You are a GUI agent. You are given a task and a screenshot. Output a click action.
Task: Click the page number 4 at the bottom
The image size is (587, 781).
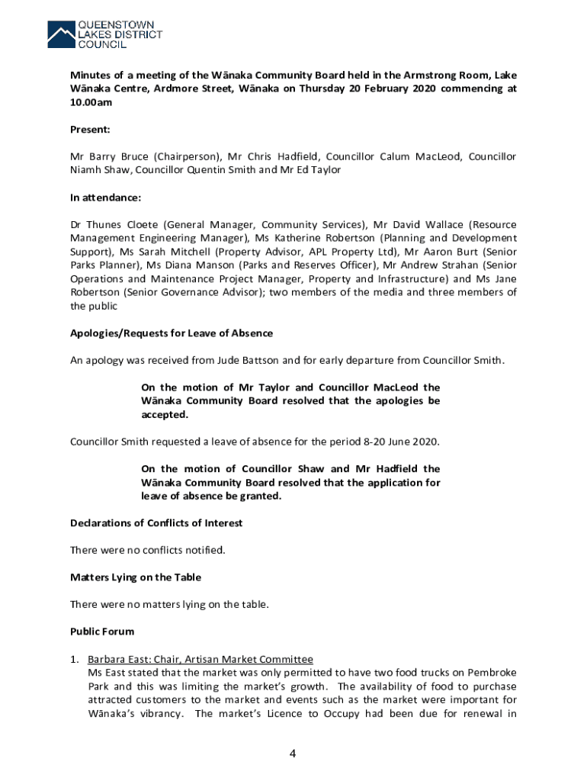pos(292,754)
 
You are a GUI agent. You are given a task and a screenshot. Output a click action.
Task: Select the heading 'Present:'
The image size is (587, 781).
pos(91,130)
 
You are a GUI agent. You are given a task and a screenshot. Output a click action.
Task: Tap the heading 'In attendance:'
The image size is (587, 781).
pos(105,198)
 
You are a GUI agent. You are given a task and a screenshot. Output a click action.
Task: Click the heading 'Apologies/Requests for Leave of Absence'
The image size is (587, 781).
pos(172,333)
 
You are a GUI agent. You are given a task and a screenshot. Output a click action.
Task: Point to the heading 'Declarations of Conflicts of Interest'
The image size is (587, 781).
pos(156,522)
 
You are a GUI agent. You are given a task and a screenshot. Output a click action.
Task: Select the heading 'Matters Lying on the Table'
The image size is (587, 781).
pos(136,577)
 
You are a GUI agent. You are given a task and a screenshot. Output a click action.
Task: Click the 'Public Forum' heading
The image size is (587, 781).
pos(102,632)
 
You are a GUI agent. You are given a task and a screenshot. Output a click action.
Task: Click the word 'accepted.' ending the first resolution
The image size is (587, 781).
pos(164,415)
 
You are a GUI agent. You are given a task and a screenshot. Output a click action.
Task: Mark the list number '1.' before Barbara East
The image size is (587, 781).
pos(75,659)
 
